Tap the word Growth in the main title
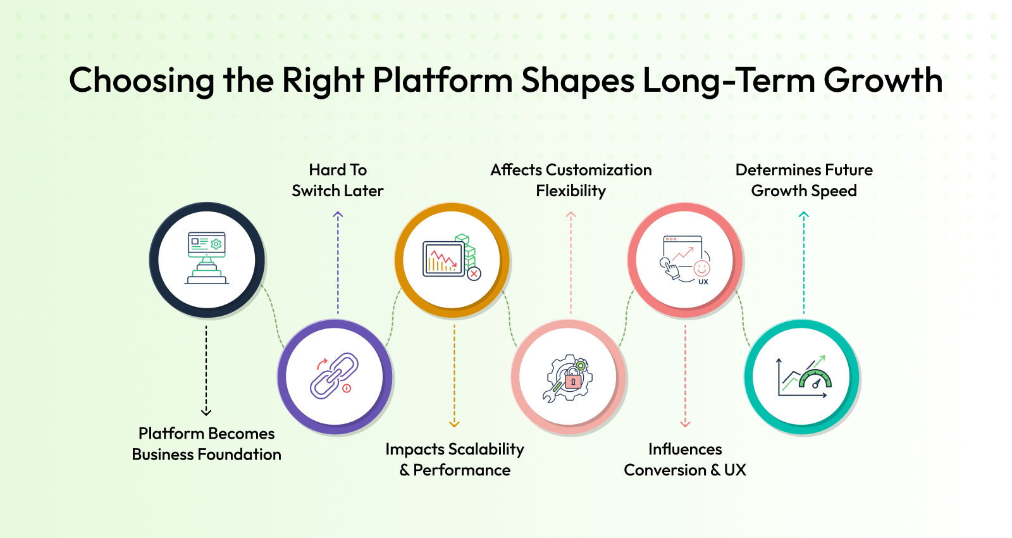tap(883, 80)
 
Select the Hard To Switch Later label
tap(338, 180)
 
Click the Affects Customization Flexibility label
tap(571, 180)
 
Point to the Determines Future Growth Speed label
tap(804, 180)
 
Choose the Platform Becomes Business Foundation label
tap(206, 444)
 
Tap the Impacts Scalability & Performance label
tap(455, 460)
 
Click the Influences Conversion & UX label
tap(685, 460)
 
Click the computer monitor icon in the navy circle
tap(207, 258)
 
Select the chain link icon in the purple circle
tap(335, 376)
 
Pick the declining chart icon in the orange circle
tap(443, 259)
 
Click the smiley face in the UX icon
tap(701, 268)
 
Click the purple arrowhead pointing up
tap(338, 215)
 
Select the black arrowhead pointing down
tap(206, 412)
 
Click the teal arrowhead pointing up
tap(804, 215)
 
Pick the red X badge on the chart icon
tap(474, 273)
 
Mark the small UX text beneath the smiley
tap(703, 282)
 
